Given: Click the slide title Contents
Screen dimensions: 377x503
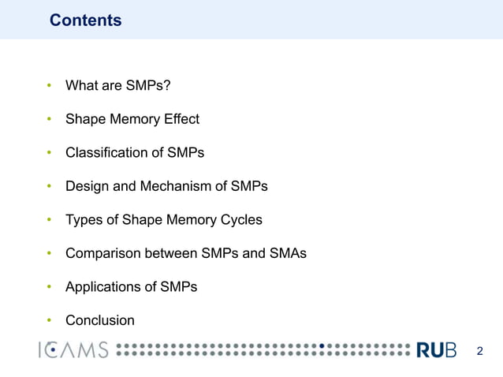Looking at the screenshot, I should pos(85,21).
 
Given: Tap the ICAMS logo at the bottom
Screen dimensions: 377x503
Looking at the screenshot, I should pos(73,350).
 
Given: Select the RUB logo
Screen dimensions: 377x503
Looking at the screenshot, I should pos(436,350).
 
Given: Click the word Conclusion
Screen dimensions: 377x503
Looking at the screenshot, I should pos(100,320).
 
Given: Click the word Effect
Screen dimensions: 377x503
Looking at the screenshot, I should pos(181,119).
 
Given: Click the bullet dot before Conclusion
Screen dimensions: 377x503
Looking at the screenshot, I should pos(49,320).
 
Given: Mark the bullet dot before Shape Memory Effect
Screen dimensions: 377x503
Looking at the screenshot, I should pos(49,119).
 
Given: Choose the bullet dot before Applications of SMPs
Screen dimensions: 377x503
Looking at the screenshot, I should pos(49,286).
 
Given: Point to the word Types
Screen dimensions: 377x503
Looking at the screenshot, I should pos(84,219).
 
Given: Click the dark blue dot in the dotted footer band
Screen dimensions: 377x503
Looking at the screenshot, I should pos(322,346).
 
